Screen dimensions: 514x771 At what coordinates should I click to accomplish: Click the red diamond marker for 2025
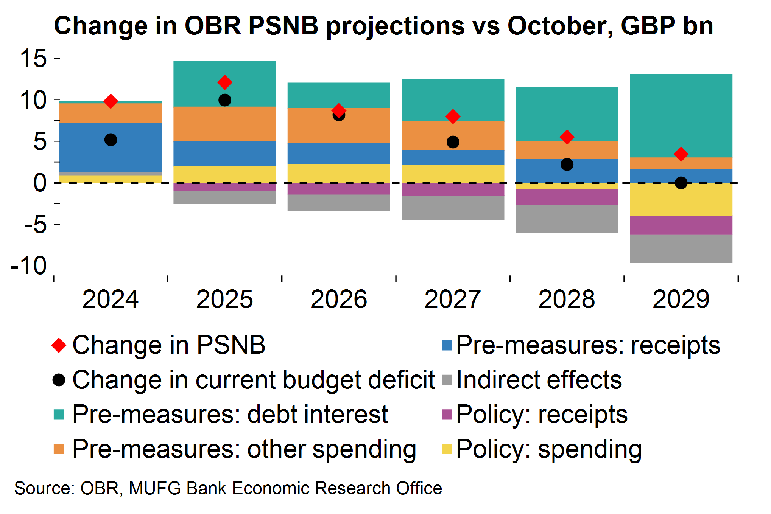[x=225, y=82]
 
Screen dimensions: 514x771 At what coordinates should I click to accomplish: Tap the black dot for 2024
[x=111, y=140]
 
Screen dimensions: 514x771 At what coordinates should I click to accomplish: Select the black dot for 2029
[x=681, y=183]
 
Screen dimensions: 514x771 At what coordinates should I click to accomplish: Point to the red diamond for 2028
[x=567, y=137]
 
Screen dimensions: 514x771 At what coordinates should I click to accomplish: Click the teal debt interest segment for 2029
[x=681, y=115]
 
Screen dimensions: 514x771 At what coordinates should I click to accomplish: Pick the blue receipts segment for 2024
[x=111, y=148]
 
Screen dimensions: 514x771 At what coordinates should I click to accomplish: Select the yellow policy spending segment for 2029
[x=681, y=200]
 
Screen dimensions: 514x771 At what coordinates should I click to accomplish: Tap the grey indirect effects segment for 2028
[x=567, y=219]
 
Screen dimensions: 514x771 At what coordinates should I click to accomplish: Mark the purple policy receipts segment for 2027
[x=453, y=189]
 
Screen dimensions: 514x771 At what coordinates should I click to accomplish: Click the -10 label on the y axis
[x=29, y=266]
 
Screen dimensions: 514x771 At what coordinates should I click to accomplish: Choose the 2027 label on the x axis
[x=453, y=299]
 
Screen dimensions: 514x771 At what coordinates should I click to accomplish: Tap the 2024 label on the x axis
[x=111, y=299]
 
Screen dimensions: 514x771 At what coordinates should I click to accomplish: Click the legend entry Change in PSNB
[x=168, y=345]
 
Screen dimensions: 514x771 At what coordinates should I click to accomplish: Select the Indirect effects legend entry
[x=539, y=380]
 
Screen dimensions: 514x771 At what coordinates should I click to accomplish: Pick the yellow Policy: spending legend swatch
[x=447, y=449]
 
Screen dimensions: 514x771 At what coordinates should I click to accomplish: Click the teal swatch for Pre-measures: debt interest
[x=59, y=415]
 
